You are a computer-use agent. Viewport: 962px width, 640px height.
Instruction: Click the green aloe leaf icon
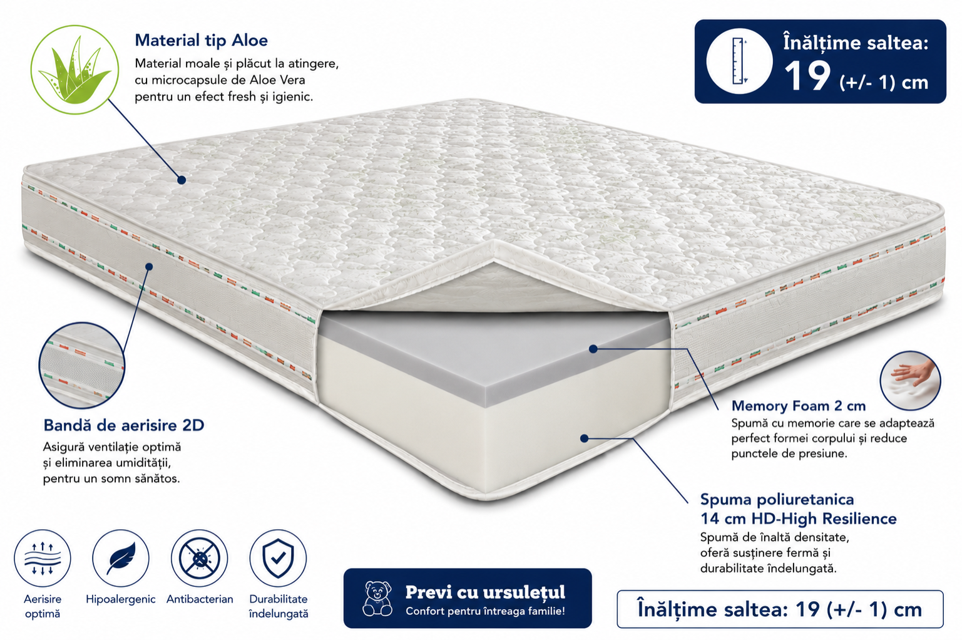(74, 70)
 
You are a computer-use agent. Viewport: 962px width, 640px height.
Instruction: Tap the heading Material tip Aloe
(201, 41)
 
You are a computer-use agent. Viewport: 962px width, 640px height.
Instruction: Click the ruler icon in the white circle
(739, 61)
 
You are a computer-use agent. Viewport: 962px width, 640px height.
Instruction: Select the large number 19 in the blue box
(807, 76)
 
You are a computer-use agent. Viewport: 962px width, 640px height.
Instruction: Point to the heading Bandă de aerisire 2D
(124, 425)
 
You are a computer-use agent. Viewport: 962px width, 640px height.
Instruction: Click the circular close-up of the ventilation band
(81, 365)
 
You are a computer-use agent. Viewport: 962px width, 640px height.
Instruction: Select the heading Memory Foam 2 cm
(799, 406)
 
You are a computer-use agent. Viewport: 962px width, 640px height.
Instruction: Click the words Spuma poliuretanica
(777, 500)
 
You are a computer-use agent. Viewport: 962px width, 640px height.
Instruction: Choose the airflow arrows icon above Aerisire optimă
(42, 559)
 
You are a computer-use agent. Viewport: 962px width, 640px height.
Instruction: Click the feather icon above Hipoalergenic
(121, 559)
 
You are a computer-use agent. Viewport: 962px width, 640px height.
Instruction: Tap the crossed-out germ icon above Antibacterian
(199, 559)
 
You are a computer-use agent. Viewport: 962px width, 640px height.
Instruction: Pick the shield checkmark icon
(278, 559)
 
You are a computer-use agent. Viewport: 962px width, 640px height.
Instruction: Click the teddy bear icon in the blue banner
(377, 598)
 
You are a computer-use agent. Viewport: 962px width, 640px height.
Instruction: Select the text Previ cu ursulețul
(485, 592)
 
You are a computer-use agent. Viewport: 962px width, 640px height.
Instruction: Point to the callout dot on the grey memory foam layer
(593, 349)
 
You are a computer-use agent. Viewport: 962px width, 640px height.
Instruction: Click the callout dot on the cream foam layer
(584, 438)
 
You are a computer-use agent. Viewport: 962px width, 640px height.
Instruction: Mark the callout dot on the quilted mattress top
(182, 180)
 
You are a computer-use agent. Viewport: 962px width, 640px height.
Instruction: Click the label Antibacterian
(200, 599)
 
